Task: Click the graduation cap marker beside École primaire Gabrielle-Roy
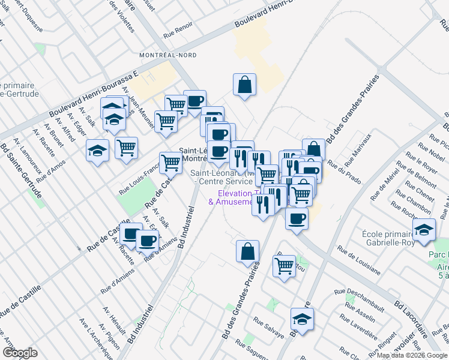coord(424,229)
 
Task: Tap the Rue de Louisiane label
coord(358,259)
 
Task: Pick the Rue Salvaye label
coord(268,327)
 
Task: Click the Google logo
coord(20,353)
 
